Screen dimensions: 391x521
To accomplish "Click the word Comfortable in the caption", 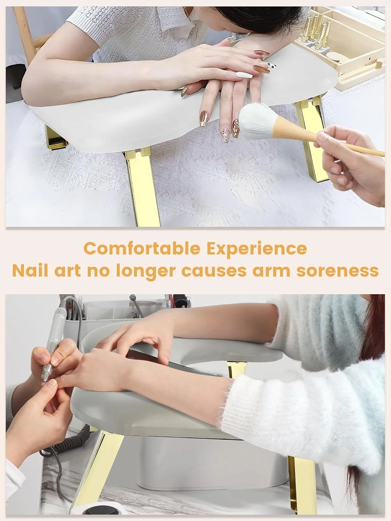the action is click(142, 249).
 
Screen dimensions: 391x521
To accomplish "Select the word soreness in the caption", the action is click(337, 271).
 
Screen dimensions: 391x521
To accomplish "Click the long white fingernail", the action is click(244, 75).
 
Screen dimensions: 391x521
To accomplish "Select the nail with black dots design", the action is click(271, 65).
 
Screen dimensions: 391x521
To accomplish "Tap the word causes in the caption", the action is click(214, 271).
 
